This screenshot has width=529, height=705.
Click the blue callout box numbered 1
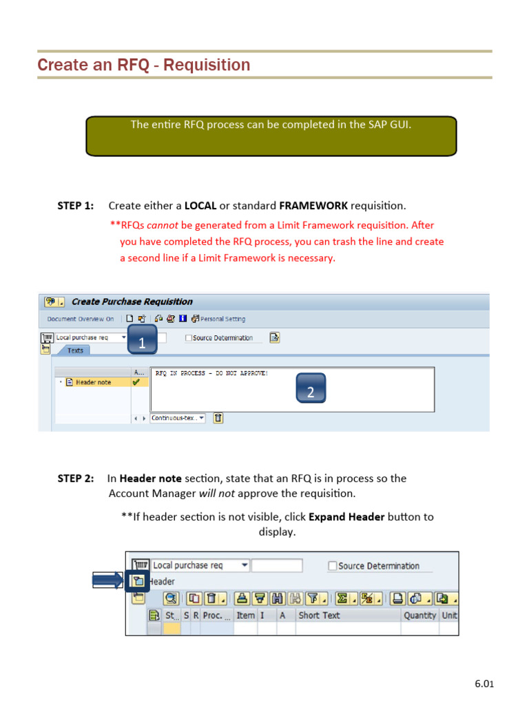click(143, 342)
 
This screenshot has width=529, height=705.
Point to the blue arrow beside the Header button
click(109, 581)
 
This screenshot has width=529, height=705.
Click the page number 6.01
click(484, 684)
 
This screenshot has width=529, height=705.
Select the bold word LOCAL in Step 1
click(200, 206)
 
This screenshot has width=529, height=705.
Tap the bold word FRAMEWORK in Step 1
click(313, 206)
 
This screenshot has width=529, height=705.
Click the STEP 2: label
click(76, 478)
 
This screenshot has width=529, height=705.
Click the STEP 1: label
click(76, 206)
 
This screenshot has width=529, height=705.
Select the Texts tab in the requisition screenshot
click(75, 350)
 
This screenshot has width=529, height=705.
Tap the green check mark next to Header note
click(136, 381)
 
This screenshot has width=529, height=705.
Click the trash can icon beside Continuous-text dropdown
click(218, 418)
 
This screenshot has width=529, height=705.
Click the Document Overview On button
click(80, 319)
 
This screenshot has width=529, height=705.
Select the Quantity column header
click(419, 615)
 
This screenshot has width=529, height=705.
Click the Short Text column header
click(319, 615)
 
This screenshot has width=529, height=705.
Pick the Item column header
click(245, 615)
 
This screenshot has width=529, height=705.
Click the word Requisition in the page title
click(209, 65)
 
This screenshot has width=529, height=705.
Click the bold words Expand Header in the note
click(346, 517)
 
